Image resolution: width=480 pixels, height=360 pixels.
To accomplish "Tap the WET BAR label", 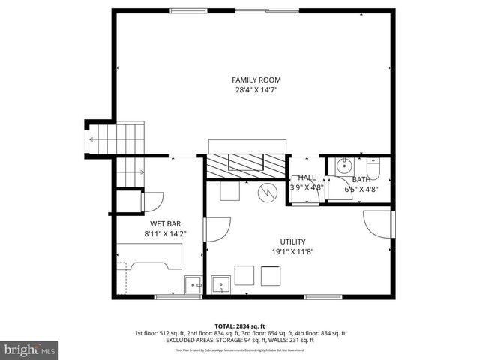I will [x=165, y=223].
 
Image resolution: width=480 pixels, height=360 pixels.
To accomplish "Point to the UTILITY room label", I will [x=292, y=241].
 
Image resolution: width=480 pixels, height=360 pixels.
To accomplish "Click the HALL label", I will [x=307, y=178].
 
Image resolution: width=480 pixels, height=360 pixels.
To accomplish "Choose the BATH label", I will [x=361, y=179].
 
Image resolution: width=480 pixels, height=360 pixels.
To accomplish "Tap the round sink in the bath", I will [x=346, y=166].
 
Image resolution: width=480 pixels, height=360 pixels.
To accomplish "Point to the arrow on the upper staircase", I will [x=94, y=139].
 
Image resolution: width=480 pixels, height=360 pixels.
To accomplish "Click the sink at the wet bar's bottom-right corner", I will [x=194, y=285].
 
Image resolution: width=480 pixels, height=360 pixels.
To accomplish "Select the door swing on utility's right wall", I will [x=378, y=223].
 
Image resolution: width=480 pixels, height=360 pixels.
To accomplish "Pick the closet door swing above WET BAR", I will [x=152, y=202].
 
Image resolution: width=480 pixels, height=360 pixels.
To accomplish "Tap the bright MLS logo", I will [x=30, y=349].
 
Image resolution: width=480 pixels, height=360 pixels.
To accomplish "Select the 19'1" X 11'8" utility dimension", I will [x=292, y=252].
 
